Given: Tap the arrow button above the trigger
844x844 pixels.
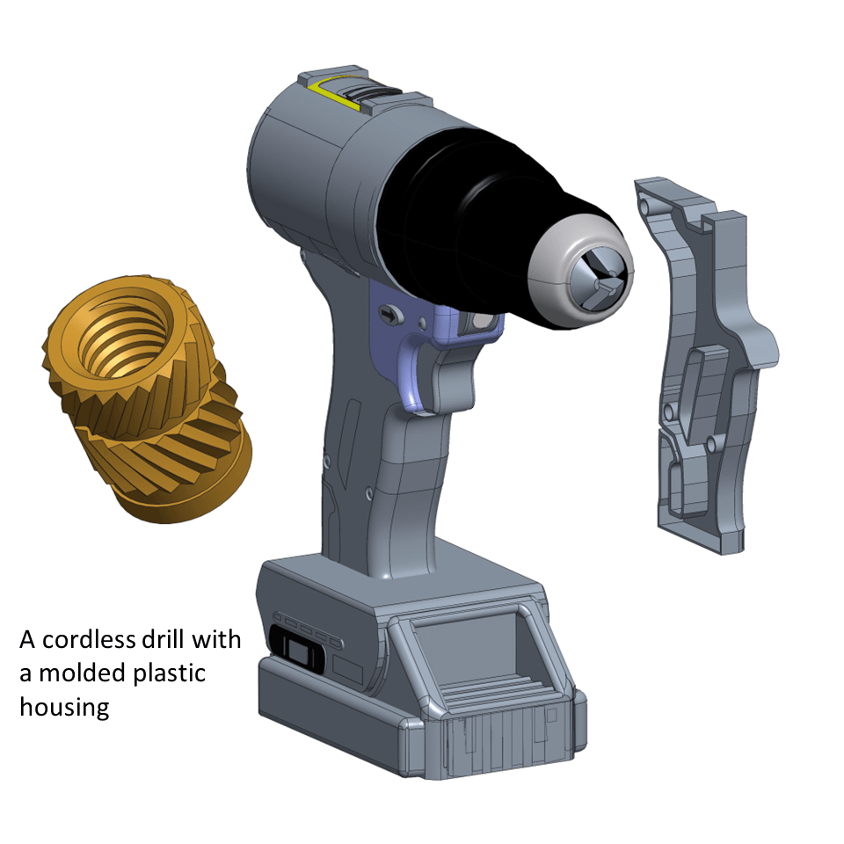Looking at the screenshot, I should coord(387,313).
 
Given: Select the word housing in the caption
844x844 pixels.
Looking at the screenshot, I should coord(64,706).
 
